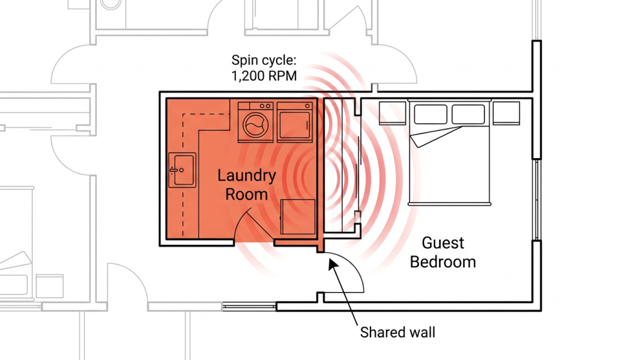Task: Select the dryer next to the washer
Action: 295,121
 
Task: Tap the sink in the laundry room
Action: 181,169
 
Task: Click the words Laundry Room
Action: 247,184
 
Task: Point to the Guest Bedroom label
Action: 443,252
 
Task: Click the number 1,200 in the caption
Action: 248,77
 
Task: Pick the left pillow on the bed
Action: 431,115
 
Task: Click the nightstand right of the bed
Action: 506,113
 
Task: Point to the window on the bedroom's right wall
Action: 536,199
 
